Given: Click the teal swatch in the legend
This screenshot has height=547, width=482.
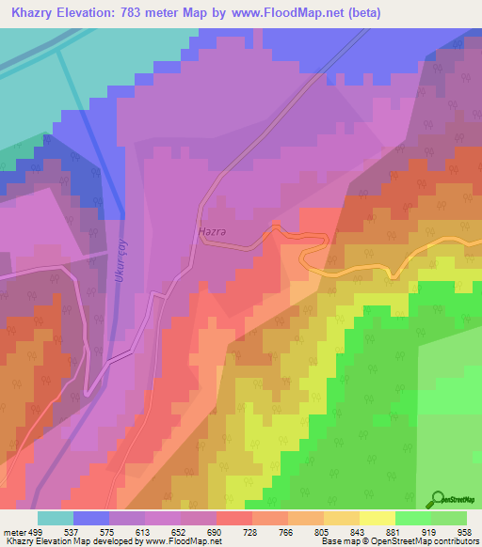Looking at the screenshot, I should tap(56, 518).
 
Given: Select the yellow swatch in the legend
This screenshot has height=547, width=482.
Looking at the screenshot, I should tap(378, 518).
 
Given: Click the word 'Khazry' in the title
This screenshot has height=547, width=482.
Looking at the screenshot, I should tap(33, 13).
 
